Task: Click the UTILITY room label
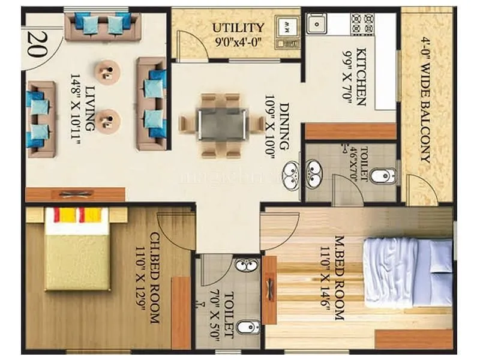[x=238, y=28]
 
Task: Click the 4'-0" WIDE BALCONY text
[x=425, y=100]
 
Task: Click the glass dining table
[x=221, y=125]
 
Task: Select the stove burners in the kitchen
[x=362, y=24]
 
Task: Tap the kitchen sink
[x=316, y=24]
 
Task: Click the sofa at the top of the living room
[x=102, y=25]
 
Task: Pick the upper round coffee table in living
[x=108, y=73]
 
